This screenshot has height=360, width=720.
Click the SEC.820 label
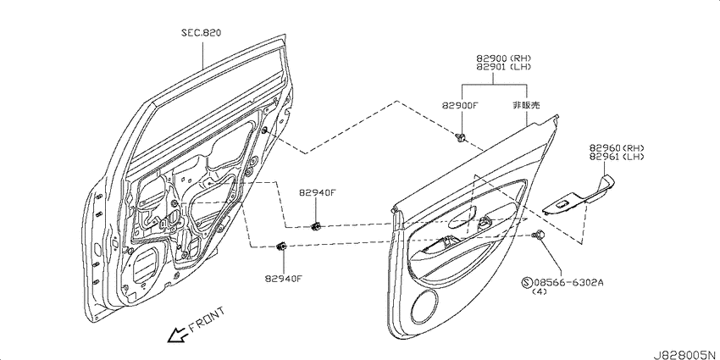pos(201,33)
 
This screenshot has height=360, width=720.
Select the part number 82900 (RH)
pos(504,58)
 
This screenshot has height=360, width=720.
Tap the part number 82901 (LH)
pos(504,67)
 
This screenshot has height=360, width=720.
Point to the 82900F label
pos(461,105)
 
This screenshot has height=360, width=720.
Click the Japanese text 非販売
pos(526,105)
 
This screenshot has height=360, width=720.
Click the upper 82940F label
pos(318,193)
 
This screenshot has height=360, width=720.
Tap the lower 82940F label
pos(283,278)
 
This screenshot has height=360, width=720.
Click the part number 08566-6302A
pos(568,282)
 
